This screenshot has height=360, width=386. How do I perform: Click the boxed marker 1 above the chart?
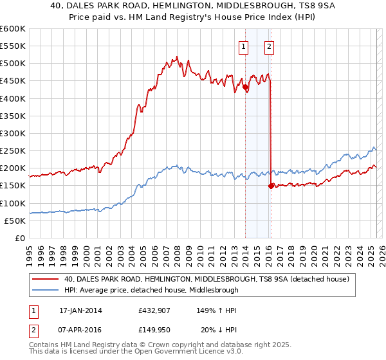coord(244,46)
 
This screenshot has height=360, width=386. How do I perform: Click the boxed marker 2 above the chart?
coord(268,46)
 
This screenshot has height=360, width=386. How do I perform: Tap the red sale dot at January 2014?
coord(245,87)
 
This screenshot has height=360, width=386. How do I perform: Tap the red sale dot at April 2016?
coord(270,186)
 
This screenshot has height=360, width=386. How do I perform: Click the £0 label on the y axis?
coord(21,238)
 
